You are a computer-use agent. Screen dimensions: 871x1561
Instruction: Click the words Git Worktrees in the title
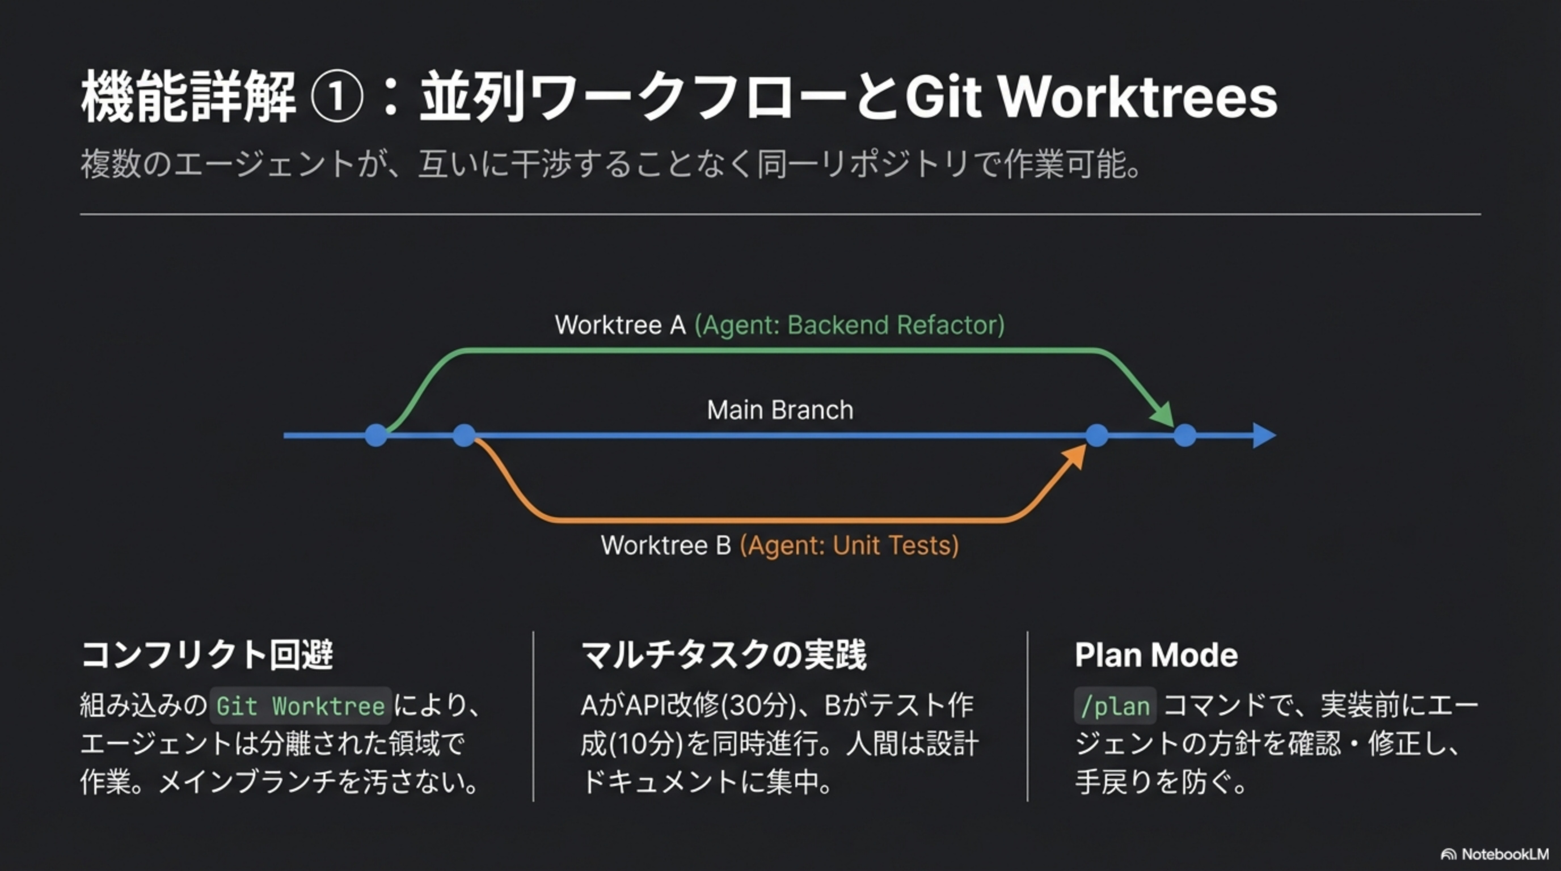point(1091,97)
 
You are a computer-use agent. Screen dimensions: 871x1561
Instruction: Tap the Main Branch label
point(780,410)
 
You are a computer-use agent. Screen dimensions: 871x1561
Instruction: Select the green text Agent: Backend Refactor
point(849,325)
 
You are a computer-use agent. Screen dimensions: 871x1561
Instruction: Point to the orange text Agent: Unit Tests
point(849,546)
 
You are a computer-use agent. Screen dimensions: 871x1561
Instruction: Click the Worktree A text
point(620,325)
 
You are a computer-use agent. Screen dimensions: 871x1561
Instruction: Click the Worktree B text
point(665,546)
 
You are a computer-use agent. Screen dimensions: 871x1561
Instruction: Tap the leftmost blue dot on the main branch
point(376,435)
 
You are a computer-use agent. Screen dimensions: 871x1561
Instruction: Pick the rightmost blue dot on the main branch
point(1185,435)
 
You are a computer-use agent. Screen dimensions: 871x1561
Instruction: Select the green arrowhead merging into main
point(1163,416)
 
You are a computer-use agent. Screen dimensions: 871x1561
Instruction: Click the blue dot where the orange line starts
point(464,435)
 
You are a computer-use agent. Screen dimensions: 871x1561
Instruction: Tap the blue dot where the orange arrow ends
point(1097,435)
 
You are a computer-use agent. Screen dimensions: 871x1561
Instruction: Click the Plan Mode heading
point(1156,656)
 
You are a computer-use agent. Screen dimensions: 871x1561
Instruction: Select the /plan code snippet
point(1115,706)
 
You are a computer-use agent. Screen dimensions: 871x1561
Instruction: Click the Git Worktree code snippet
point(301,706)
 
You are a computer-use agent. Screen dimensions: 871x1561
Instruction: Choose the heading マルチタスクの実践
point(724,656)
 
